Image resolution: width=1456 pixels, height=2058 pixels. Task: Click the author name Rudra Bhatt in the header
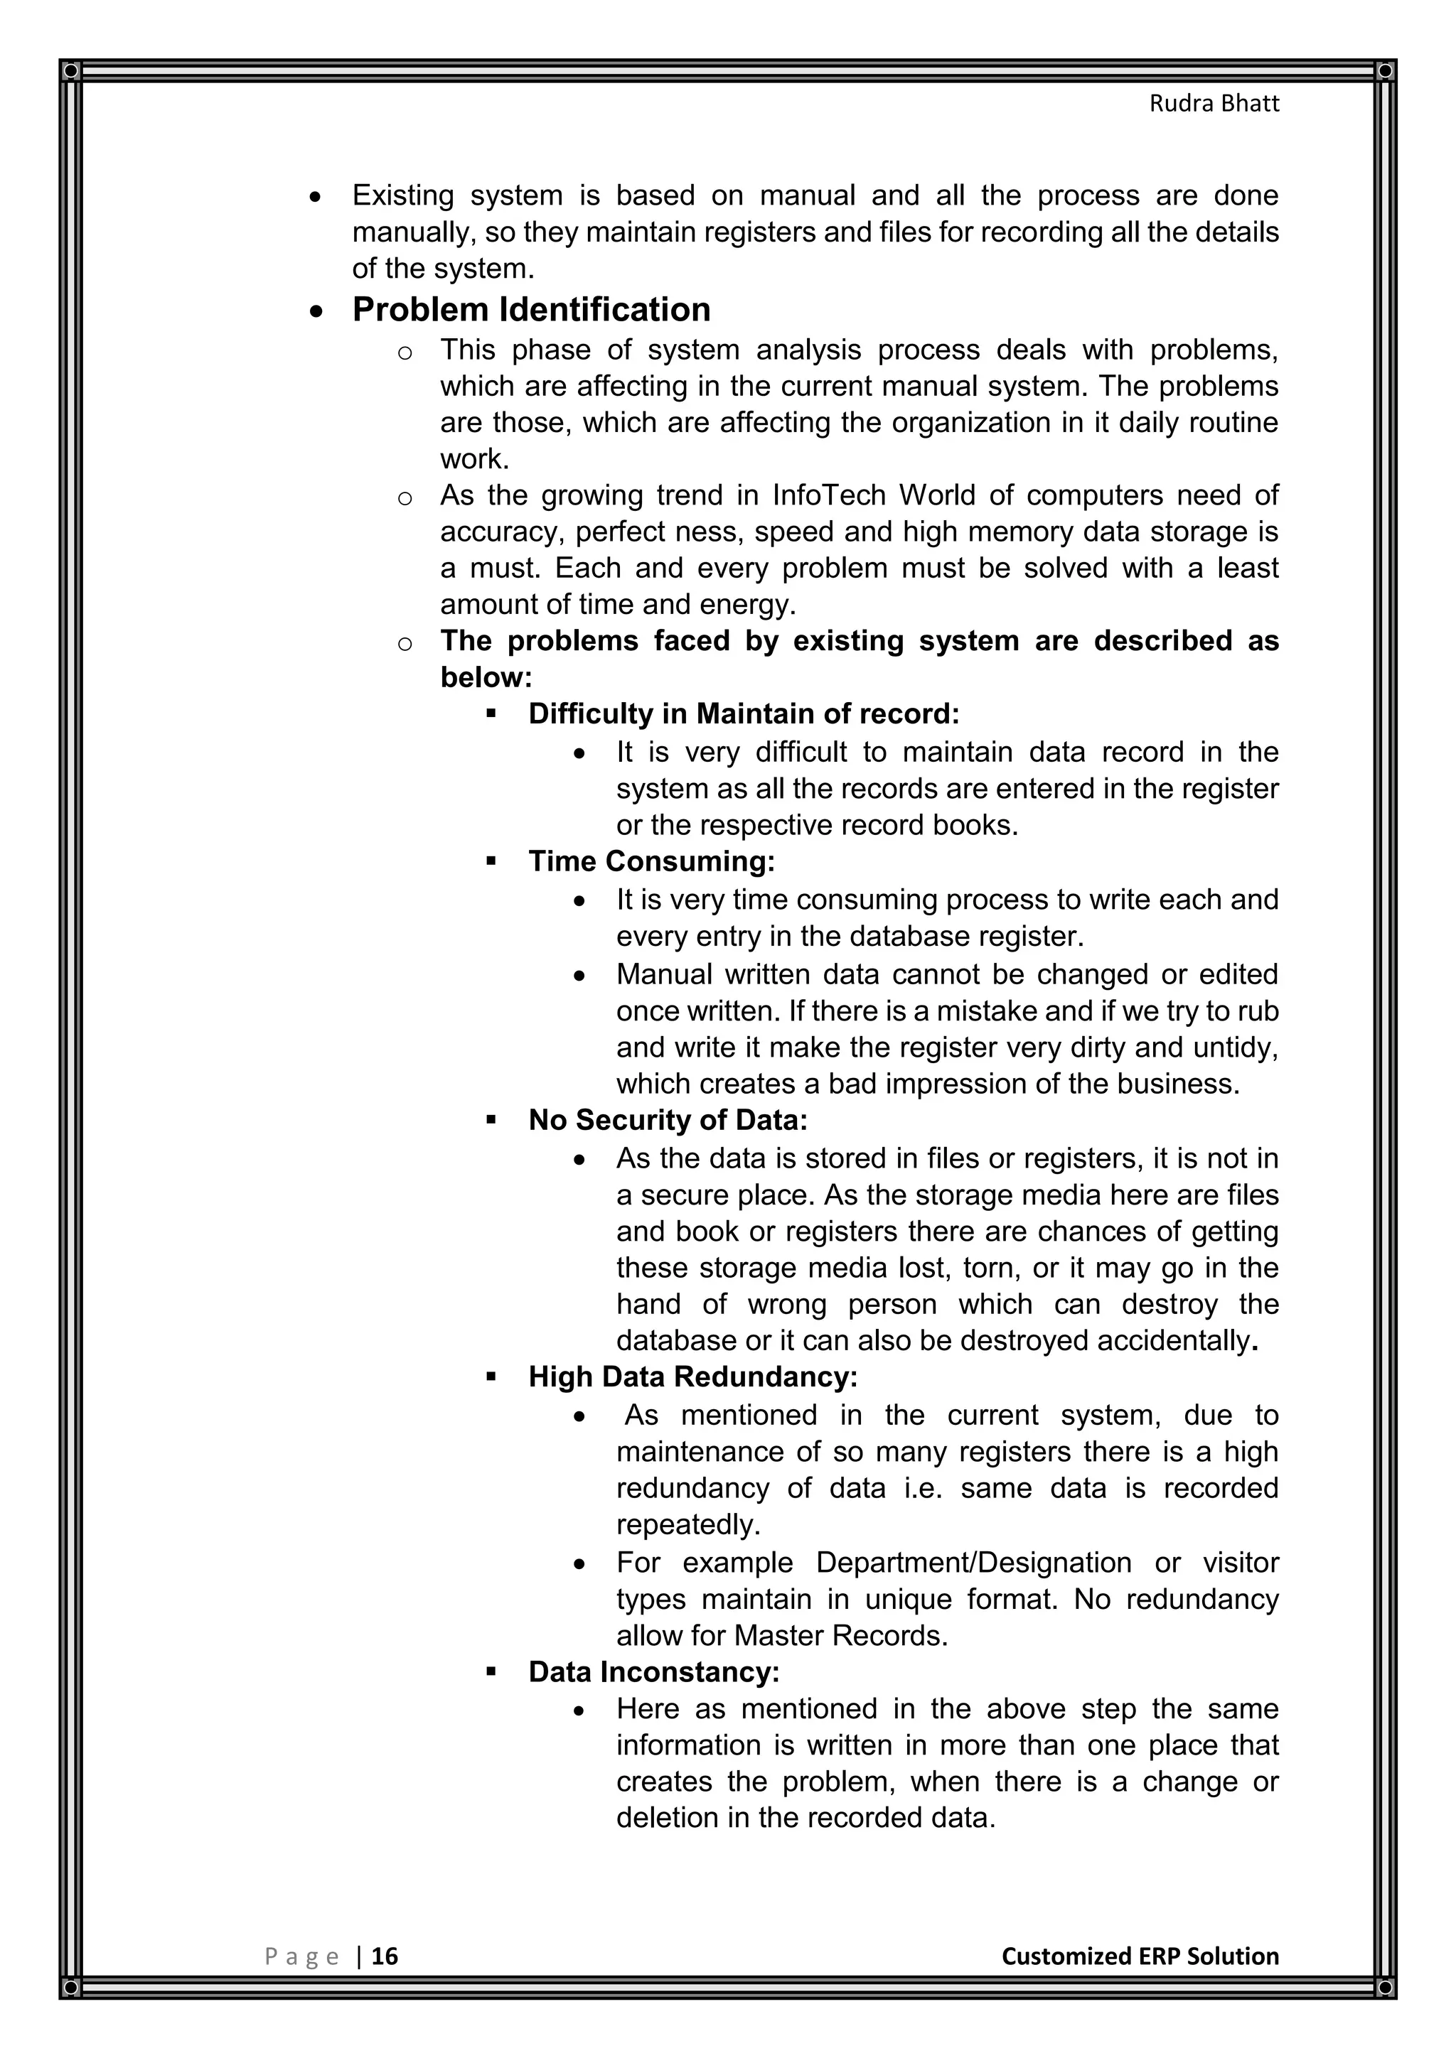point(1214,104)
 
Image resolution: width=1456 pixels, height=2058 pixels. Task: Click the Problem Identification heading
point(531,310)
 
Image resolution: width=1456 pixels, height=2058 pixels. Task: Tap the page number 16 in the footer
point(385,1956)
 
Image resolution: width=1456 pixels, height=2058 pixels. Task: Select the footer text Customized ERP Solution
point(1140,1956)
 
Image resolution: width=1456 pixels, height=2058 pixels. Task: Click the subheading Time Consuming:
point(651,861)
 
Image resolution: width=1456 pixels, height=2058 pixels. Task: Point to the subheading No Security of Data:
point(668,1121)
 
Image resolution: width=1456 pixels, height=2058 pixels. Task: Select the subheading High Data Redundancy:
point(693,1377)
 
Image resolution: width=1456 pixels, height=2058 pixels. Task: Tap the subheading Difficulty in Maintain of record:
point(743,714)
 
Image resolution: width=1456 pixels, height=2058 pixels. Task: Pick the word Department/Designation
point(974,1563)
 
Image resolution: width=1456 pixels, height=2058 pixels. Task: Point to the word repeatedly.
point(687,1525)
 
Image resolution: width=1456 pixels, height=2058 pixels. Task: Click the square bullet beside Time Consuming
point(491,861)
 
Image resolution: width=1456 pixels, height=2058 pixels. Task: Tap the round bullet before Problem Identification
point(316,312)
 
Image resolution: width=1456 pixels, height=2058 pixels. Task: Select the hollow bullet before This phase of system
point(405,352)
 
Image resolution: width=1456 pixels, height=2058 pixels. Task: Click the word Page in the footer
point(302,1956)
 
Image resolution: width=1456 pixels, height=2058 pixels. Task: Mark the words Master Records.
point(840,1636)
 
